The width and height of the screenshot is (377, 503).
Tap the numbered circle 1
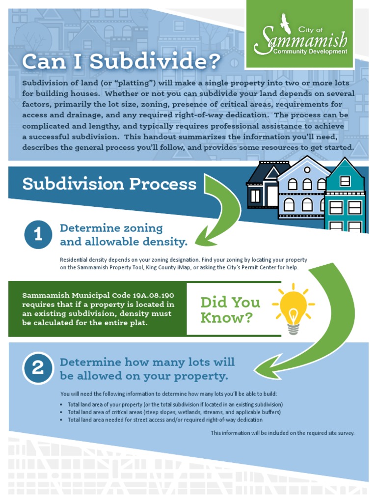pos(38,235)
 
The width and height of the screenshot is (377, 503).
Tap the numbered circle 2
pos(38,368)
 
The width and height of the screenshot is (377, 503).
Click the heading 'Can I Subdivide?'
pos(121,62)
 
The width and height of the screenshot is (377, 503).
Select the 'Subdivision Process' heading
pos(109,184)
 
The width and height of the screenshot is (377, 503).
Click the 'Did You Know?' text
pos(230,309)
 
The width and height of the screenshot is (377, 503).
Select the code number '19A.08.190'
pos(153,296)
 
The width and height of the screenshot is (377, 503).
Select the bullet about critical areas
pos(174,412)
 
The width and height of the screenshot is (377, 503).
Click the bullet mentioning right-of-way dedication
pos(165,420)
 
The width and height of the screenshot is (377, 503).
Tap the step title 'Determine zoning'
pos(111,228)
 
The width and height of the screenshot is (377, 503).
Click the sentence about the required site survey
pos(282,433)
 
